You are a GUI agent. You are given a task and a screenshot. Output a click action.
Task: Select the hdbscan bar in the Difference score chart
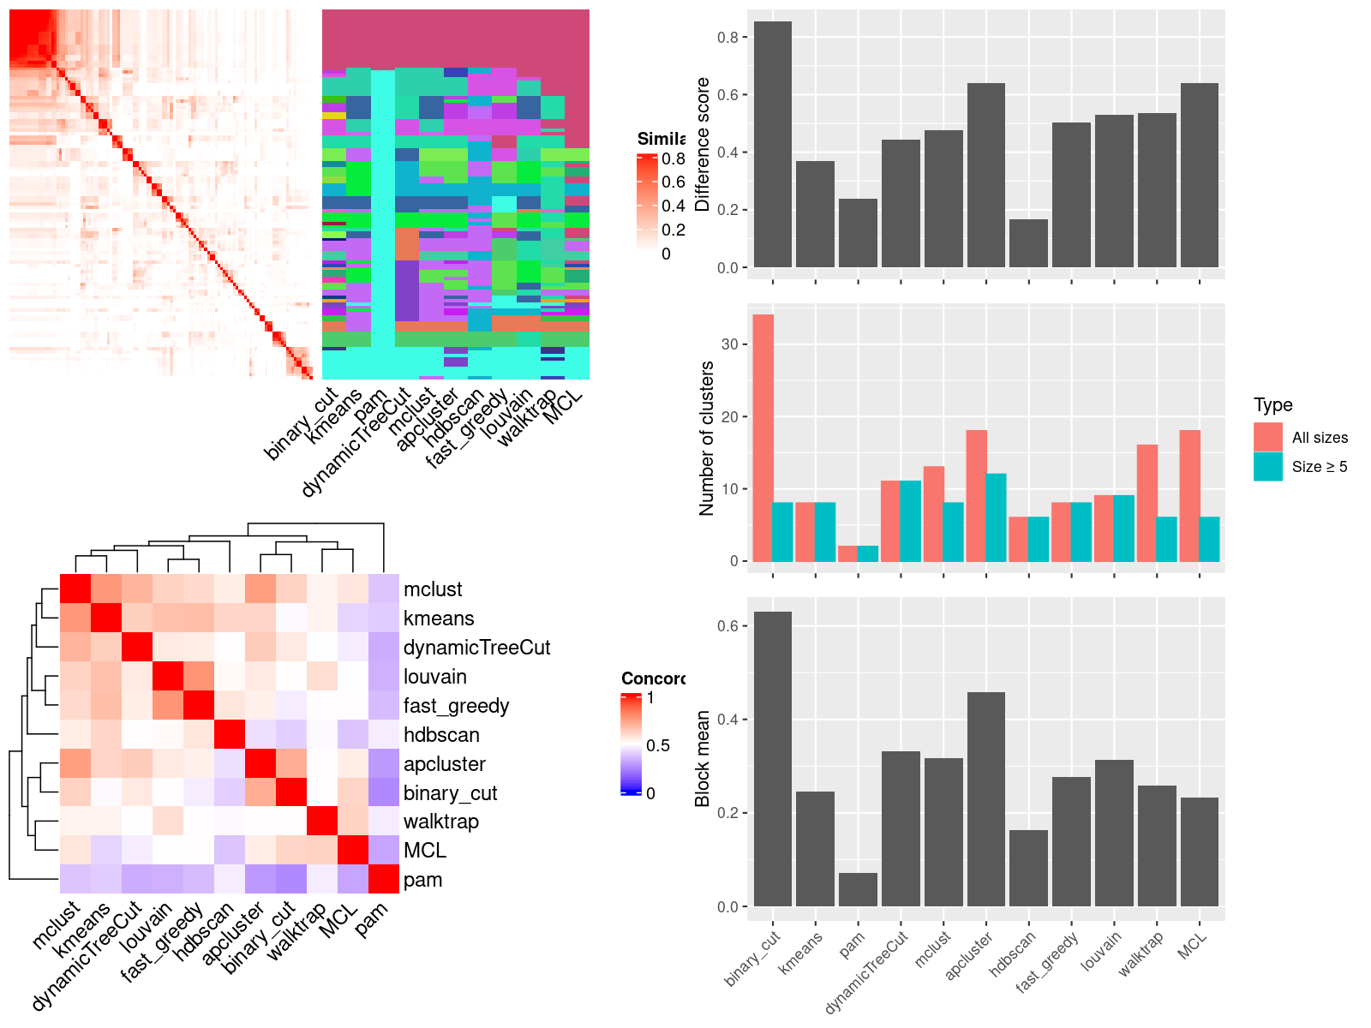coord(1028,243)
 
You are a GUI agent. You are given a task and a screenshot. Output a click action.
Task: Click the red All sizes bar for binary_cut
coord(763,438)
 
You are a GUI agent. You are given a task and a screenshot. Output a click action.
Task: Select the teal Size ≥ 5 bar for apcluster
coord(996,517)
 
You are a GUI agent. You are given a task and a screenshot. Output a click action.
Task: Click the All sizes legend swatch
coord(1267,437)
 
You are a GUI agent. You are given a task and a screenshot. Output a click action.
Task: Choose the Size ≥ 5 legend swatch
coord(1267,466)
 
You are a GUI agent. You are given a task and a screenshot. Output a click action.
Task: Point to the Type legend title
coord(1272,404)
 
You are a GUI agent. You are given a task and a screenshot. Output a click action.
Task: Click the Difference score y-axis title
coord(703,144)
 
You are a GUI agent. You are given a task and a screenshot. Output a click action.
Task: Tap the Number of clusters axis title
coord(706,438)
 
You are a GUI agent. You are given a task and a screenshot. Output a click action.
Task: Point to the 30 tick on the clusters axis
coord(729,344)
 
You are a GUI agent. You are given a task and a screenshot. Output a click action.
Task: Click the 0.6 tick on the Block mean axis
coord(727,626)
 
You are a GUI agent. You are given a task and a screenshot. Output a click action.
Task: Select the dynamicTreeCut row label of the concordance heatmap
coord(476,648)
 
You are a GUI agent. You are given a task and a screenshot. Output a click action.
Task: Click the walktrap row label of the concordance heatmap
coord(440,822)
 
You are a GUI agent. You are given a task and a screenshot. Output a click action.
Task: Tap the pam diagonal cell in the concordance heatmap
coord(384,879)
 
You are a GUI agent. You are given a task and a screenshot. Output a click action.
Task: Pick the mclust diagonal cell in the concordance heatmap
coord(75,589)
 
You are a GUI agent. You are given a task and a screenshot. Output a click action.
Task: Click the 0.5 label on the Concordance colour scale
coord(658,745)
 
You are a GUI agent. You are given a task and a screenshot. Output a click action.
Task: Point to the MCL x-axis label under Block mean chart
coord(1192,943)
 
